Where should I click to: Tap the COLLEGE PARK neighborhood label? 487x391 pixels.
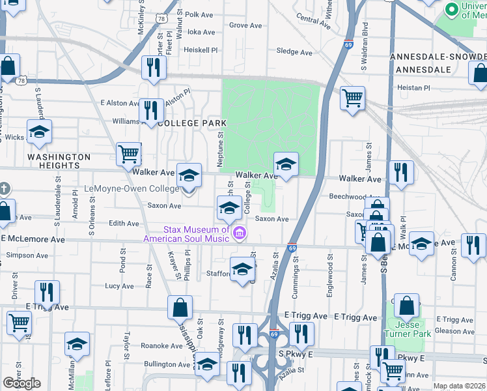pyautogui.click(x=192, y=123)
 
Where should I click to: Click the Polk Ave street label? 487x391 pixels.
pyautogui.click(x=199, y=14)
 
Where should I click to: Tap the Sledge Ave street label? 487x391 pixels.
pyautogui.click(x=294, y=52)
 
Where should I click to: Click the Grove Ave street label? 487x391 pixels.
pyautogui.click(x=245, y=25)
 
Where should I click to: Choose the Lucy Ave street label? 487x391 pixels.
pyautogui.click(x=119, y=286)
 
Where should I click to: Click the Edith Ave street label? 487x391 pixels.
pyautogui.click(x=124, y=224)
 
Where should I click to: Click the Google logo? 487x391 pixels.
pyautogui.click(x=21, y=383)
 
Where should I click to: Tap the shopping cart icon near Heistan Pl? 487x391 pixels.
pyautogui.click(x=353, y=98)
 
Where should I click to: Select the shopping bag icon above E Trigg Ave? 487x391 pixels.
pyautogui.click(x=180, y=308)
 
